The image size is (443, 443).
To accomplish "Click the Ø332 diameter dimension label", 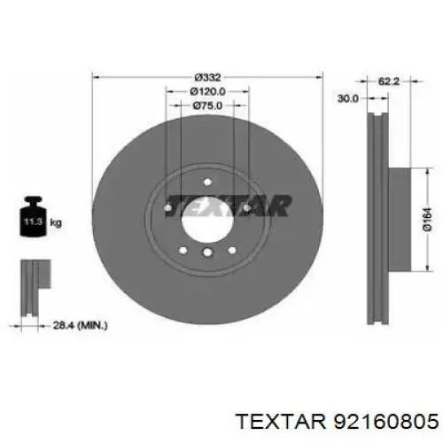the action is [207, 78].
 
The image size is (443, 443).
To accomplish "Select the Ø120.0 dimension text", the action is [207, 91].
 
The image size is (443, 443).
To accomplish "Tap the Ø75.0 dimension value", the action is [207, 105].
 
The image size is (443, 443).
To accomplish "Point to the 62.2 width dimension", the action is [389, 82].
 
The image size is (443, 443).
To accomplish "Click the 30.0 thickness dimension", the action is [348, 98].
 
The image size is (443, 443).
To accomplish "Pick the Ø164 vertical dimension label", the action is [427, 220].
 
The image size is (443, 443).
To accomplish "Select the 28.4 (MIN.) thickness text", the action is [80, 325].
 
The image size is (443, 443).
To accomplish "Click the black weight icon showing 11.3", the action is [33, 216].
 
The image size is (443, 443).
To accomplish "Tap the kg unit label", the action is [56, 222].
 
